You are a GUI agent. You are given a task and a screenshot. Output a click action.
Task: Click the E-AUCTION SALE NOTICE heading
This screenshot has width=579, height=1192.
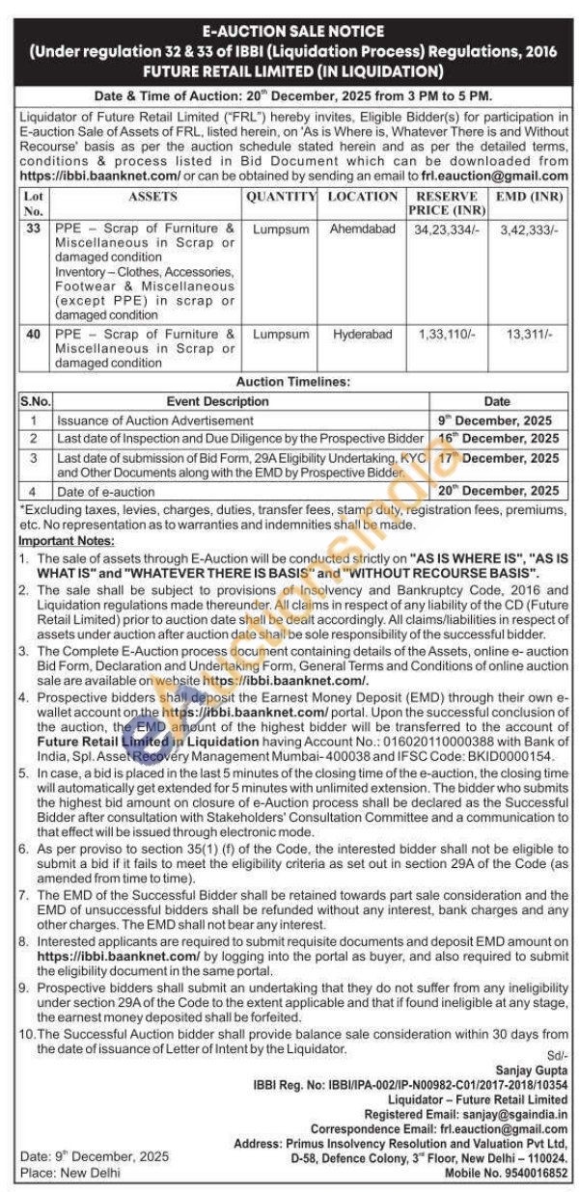coord(289,32)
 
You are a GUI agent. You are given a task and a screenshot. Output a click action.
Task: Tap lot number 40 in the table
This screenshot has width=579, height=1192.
coord(33,334)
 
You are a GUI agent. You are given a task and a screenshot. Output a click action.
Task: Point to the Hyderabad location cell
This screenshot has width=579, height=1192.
coord(362,334)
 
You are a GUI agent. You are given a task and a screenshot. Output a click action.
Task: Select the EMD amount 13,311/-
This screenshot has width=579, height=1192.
coord(527,334)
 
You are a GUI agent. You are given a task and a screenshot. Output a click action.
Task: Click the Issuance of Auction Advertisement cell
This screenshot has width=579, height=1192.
coord(154,420)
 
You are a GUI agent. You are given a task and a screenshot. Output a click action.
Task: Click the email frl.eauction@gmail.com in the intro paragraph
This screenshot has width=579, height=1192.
coord(494,176)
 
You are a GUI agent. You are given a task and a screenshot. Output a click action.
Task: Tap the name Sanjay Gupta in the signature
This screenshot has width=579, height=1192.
coord(531,1070)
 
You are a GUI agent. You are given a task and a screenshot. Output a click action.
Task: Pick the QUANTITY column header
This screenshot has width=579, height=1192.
coord(281,196)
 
